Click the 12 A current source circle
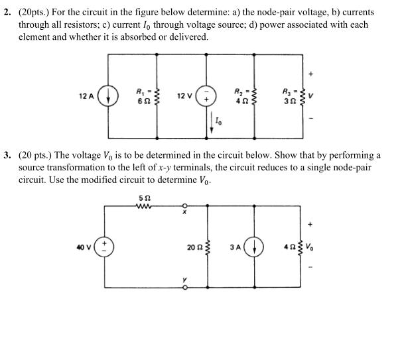coord(108,97)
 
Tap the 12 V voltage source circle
coord(211,97)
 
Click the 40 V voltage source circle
coord(105,247)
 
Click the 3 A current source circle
coord(255,247)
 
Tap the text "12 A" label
coord(87,97)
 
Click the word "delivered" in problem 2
coord(189,36)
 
